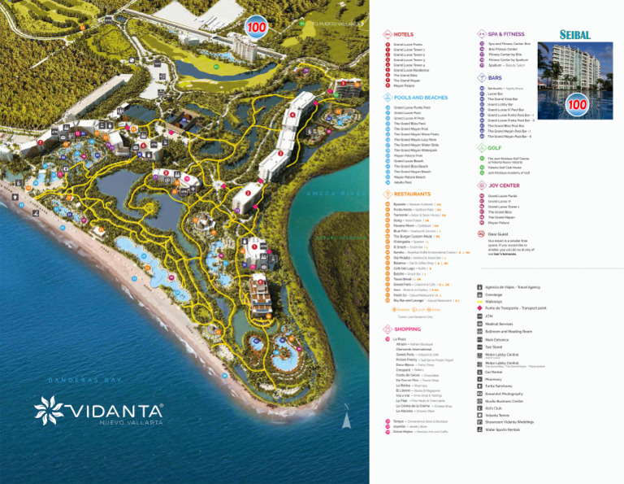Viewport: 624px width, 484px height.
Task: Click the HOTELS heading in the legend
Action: coord(404,35)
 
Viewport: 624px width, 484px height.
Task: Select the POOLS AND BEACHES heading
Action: coord(420,98)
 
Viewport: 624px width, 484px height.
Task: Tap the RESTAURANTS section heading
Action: coord(413,194)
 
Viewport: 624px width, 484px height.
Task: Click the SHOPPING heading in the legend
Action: coord(408,329)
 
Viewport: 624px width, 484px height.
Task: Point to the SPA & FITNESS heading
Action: coord(506,35)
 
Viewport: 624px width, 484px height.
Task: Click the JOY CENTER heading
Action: coord(504,185)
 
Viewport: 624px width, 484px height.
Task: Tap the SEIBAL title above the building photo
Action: coord(575,35)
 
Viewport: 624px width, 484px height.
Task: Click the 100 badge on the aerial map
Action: coord(257,27)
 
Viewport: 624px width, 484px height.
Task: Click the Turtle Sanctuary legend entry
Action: coord(500,386)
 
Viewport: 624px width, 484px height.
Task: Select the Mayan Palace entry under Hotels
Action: coord(405,85)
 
